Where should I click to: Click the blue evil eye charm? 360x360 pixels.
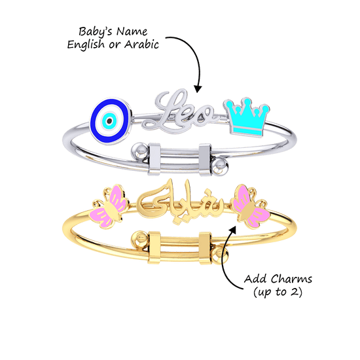click(111, 121)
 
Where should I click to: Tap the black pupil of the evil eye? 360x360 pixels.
click(109, 121)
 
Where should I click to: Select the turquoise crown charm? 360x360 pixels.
click(247, 117)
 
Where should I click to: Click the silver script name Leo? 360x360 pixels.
click(179, 111)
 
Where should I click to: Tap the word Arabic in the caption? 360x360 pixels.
click(141, 44)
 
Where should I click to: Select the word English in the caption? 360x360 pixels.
click(86, 45)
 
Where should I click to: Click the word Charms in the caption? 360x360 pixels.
click(291, 279)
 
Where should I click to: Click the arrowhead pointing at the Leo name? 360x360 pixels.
click(198, 89)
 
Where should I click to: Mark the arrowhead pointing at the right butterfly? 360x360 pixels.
click(233, 229)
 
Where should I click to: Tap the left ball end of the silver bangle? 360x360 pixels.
click(140, 152)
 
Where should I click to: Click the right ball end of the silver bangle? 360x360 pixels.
click(220, 166)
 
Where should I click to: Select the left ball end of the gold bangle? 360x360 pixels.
click(139, 239)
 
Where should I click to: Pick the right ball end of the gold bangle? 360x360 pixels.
click(220, 256)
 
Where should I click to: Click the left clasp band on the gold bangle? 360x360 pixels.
click(154, 247)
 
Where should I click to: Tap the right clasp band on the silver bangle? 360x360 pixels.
click(205, 160)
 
